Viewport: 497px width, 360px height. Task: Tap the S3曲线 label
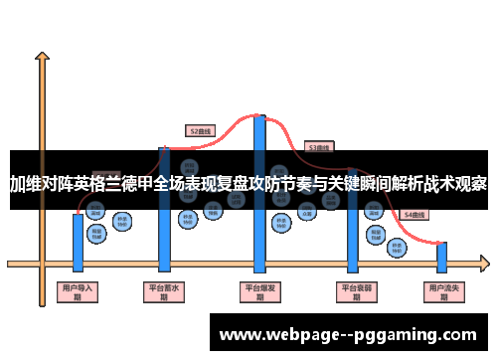tap(318, 147)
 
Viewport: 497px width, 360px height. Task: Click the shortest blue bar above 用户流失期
tap(442, 257)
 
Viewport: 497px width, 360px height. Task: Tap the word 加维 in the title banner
tap(26, 184)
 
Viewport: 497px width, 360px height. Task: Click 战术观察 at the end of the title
tap(454, 184)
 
